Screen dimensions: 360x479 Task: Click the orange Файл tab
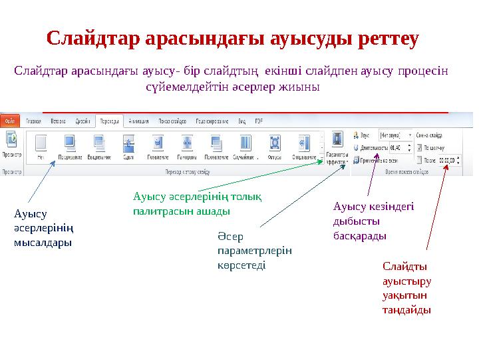click(9, 121)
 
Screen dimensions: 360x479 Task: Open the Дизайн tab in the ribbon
click(83, 121)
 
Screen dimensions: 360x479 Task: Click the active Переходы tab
click(108, 121)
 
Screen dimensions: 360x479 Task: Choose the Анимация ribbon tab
click(138, 121)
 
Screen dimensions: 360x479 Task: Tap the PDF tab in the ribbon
click(259, 121)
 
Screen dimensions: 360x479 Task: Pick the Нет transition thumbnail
click(41, 143)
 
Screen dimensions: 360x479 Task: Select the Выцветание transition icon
click(99, 143)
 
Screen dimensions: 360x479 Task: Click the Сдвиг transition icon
click(128, 143)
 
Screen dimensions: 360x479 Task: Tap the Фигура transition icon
click(275, 143)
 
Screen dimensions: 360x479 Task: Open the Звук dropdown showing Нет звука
click(395, 135)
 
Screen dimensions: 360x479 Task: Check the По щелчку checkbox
click(419, 147)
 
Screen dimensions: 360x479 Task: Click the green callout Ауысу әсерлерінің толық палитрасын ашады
click(198, 203)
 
